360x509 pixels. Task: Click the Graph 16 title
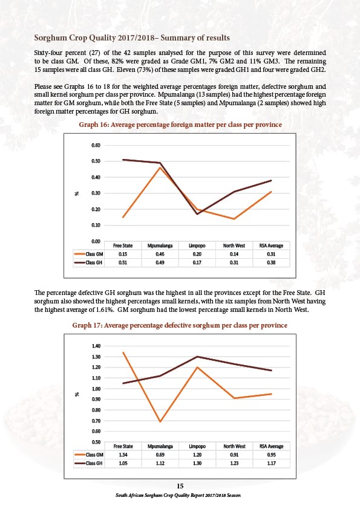coord(180,125)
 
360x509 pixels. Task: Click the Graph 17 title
coord(180,325)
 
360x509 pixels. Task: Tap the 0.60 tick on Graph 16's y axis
coord(96,146)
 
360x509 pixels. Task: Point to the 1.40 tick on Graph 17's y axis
coord(96,346)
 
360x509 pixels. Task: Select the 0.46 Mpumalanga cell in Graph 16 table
coord(160,254)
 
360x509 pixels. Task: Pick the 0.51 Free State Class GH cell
coord(123,262)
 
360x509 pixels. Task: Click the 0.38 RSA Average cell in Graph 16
coord(271,262)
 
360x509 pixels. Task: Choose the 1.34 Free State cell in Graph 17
coord(123,455)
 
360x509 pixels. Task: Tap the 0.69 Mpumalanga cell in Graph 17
coord(160,455)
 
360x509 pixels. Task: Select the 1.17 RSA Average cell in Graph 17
coord(271,463)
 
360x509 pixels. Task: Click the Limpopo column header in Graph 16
coord(197,246)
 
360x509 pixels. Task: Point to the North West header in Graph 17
coord(234,446)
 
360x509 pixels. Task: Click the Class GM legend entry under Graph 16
coord(89,254)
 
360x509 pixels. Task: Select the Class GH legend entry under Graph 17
coord(89,463)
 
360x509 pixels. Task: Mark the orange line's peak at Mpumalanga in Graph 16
coord(160,167)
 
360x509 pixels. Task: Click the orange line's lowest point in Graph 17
coord(160,421)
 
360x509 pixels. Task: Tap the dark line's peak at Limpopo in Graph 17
coord(197,357)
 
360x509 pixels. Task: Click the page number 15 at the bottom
coord(180,486)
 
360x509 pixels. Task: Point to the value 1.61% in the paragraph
coord(105,310)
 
